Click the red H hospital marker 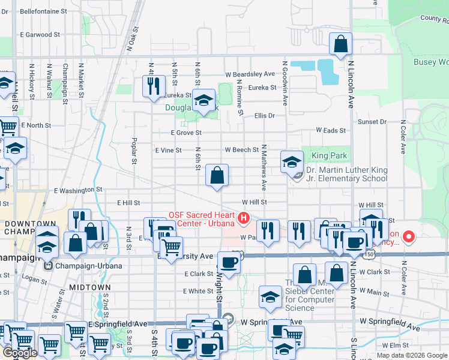[244, 218]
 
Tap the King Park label [330, 156]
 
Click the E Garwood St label [40, 35]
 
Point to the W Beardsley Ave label [250, 74]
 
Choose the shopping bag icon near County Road [340, 44]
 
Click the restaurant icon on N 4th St [154, 85]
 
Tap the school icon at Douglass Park [203, 100]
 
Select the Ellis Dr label [264, 116]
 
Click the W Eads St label [331, 130]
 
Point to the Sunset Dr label [372, 122]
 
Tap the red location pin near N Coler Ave [409, 236]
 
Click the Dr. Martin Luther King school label [349, 175]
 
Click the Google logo [20, 353]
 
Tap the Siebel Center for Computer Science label [309, 296]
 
